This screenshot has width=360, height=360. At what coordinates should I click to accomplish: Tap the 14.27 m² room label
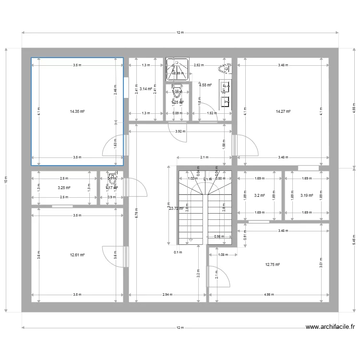283,111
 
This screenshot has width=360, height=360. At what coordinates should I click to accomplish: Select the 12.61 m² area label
77,255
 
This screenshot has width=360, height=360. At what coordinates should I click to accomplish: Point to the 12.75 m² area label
273,264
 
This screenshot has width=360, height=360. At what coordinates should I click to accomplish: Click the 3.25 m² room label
64,188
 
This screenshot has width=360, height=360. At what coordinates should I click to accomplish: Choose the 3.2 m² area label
259,195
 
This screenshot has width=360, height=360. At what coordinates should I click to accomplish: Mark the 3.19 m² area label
306,195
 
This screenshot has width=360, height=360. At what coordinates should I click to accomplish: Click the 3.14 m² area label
145,88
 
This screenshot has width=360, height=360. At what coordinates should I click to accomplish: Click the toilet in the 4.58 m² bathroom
225,68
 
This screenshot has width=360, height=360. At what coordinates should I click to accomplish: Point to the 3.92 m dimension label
180,131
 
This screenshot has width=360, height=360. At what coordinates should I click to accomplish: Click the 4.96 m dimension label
272,295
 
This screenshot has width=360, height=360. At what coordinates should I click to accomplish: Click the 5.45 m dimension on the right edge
354,239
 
